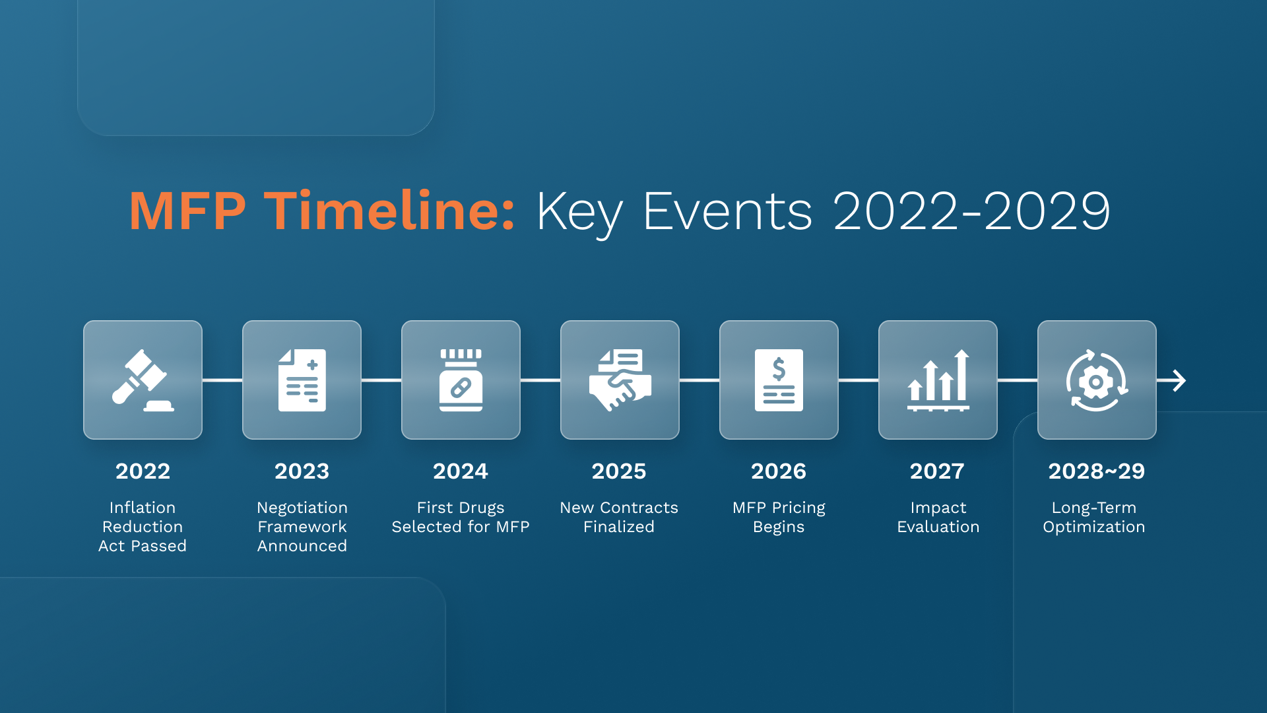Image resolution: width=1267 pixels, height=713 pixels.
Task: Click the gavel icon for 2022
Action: (x=143, y=380)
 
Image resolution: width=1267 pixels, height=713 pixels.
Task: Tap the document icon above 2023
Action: (x=302, y=380)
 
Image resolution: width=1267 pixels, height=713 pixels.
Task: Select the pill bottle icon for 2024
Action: (x=461, y=380)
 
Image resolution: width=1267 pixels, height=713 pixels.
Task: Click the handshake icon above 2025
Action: (x=620, y=380)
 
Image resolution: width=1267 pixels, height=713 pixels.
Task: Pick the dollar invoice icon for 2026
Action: (x=779, y=380)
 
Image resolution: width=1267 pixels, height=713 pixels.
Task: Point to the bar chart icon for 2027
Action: (x=938, y=380)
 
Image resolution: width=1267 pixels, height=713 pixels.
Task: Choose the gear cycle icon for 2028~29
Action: (x=1097, y=380)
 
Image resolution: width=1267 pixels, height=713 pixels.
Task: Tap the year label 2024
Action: (x=461, y=471)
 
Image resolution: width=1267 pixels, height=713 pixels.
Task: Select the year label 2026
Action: (x=779, y=471)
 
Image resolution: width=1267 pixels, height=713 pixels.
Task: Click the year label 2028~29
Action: (x=1096, y=471)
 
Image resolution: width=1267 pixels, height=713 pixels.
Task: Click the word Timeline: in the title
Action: (x=389, y=211)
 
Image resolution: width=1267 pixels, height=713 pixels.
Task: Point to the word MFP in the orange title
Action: (x=187, y=211)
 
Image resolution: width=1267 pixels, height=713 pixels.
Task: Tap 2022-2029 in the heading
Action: (x=971, y=211)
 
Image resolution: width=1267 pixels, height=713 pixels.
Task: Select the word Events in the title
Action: (x=727, y=211)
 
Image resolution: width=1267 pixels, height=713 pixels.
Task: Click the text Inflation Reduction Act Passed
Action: (x=143, y=527)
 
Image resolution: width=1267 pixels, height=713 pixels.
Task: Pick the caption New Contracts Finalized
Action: (x=619, y=517)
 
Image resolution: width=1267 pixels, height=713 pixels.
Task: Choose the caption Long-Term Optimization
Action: (x=1094, y=517)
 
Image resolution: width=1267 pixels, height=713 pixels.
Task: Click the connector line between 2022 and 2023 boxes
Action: (x=222, y=380)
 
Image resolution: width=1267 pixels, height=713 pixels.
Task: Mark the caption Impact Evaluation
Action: (x=938, y=517)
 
